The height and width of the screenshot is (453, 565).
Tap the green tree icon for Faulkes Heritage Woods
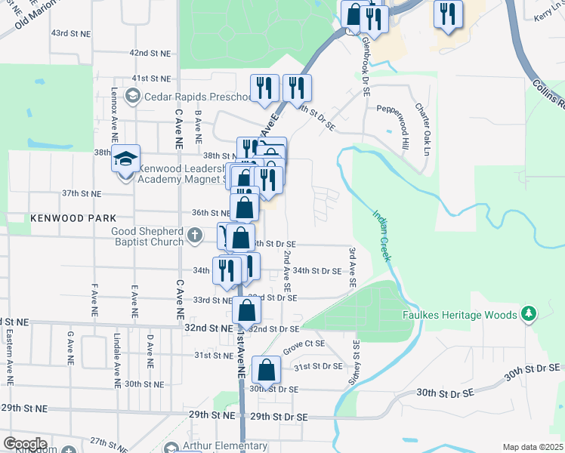tap(529, 313)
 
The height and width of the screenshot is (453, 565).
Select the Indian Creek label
tap(381, 235)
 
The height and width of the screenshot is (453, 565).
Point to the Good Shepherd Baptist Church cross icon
tap(195, 236)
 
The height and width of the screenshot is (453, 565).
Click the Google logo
tap(25, 444)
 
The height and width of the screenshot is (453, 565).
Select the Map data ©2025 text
tap(533, 447)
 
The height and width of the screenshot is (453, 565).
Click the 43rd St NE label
tap(70, 34)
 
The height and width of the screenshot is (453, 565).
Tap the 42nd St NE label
tap(150, 53)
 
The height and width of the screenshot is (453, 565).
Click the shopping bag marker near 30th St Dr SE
tap(266, 371)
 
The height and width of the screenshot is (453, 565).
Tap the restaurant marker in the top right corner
tap(448, 14)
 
